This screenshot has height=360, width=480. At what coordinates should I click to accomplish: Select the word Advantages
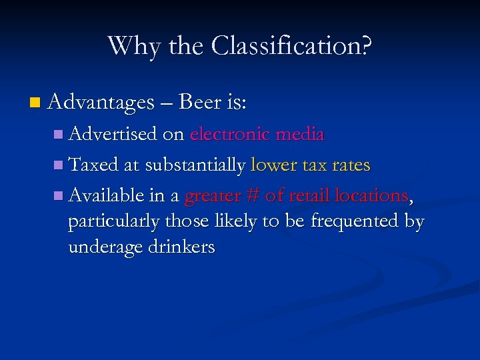[101, 103]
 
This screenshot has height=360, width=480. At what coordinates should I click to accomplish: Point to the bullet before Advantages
[35, 103]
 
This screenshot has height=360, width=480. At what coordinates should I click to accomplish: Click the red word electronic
[229, 135]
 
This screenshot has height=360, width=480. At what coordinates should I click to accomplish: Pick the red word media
[299, 135]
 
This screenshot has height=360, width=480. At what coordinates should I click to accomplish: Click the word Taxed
[93, 165]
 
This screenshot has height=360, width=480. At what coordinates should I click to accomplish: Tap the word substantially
[195, 165]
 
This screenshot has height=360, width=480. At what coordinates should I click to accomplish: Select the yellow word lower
[273, 165]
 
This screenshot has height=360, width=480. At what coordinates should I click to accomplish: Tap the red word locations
[370, 195]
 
